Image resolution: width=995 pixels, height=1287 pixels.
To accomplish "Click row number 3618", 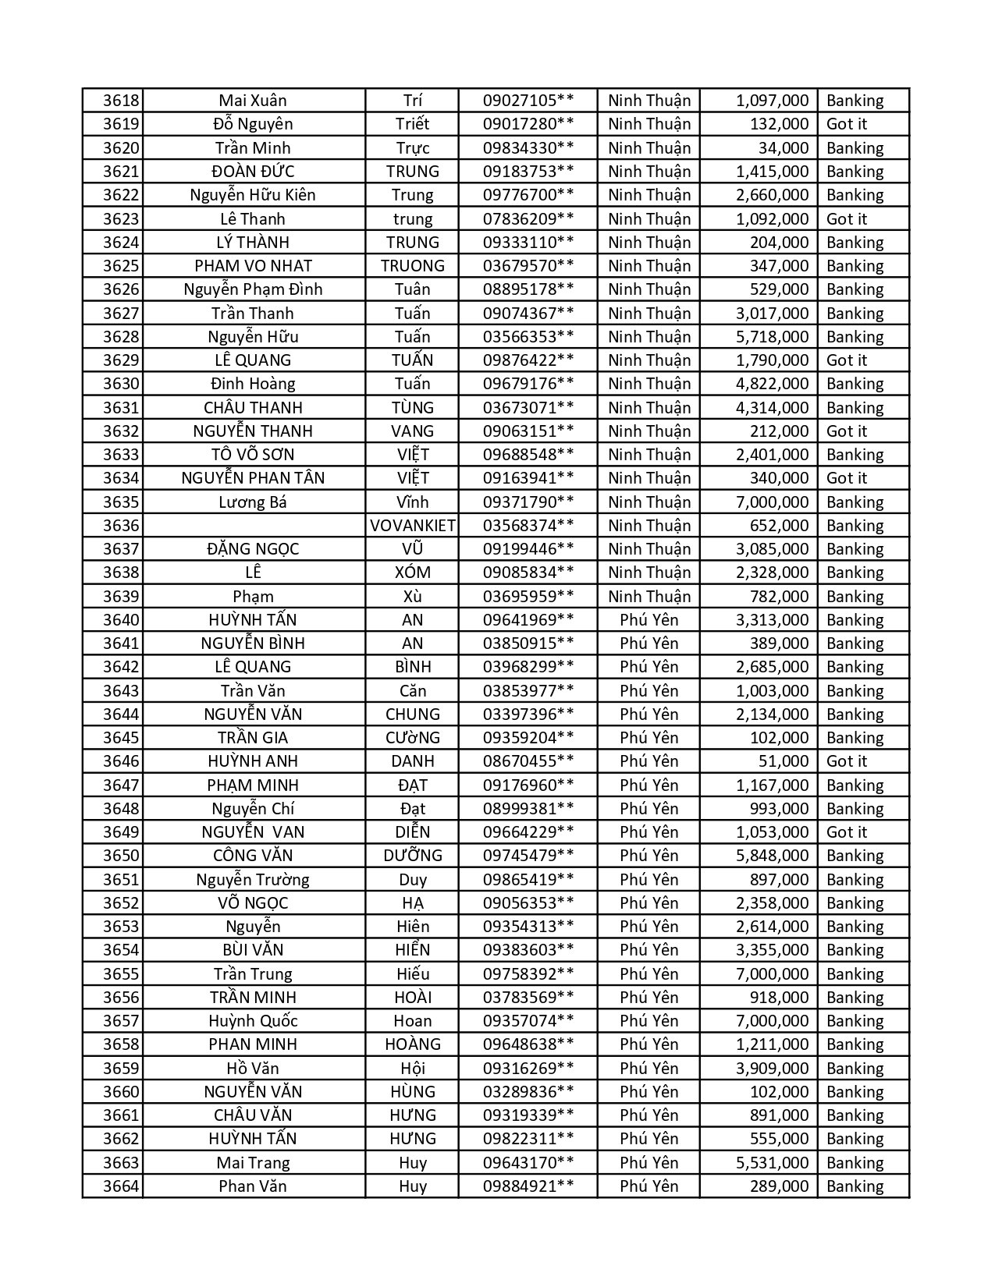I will click(121, 101).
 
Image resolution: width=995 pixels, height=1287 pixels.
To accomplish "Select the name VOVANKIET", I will click(412, 526).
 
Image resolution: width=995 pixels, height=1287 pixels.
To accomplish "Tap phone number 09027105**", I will click(528, 101).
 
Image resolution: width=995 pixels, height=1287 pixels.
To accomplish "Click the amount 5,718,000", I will click(772, 337).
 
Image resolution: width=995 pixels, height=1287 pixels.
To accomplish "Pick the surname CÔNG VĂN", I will click(253, 856).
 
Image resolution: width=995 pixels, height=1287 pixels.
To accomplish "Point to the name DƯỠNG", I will click(412, 856).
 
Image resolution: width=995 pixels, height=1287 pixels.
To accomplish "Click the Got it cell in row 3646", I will click(846, 761).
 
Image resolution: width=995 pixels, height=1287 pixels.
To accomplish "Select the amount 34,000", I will click(783, 148).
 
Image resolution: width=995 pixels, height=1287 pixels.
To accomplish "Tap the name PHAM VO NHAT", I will click(253, 266).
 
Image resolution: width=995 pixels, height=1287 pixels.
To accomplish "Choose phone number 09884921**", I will click(528, 1186).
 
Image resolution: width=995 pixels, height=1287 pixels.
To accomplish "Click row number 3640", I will click(121, 620).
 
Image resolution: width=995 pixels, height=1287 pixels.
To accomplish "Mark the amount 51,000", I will click(783, 761).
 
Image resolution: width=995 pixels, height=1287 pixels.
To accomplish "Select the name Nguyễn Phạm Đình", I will click(253, 289).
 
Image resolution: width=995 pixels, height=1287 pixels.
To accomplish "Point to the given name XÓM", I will click(412, 573).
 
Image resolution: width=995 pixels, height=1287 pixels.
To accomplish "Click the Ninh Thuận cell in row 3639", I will click(649, 597).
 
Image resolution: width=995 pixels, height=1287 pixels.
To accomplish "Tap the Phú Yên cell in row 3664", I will click(649, 1186).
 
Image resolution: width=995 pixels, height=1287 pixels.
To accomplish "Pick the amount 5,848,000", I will click(772, 856).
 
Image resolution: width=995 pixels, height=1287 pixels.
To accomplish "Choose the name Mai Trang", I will click(253, 1163).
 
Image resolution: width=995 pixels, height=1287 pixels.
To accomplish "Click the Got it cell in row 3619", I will click(846, 124).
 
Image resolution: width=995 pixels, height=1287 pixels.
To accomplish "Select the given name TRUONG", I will click(412, 266).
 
